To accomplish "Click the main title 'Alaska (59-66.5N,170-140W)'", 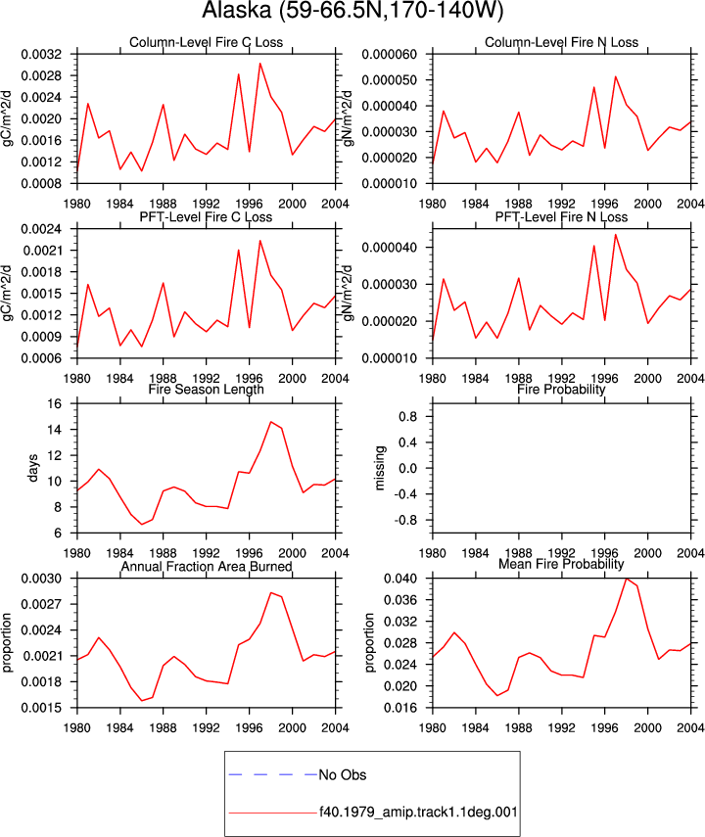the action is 353,10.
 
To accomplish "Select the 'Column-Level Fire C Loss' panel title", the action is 207,42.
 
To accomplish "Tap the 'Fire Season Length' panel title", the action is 207,390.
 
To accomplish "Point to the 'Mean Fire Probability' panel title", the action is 561,564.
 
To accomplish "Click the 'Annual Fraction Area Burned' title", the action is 207,566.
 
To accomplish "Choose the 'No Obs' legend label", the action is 343,774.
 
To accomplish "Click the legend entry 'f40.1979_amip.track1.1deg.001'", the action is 418,813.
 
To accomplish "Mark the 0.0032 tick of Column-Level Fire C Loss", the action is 42,55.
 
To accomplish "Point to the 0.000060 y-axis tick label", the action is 390,55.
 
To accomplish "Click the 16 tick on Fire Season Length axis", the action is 55,403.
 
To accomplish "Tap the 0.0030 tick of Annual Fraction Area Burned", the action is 42,579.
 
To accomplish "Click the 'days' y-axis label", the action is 32,468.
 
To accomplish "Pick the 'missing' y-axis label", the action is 379,468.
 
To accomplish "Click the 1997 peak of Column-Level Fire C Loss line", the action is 260,64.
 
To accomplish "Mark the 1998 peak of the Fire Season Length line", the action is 271,422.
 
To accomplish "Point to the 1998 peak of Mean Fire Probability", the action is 627,579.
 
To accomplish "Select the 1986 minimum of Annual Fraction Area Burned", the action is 142,700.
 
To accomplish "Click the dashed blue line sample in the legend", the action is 273,774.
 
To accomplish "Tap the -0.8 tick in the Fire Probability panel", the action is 407,520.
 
